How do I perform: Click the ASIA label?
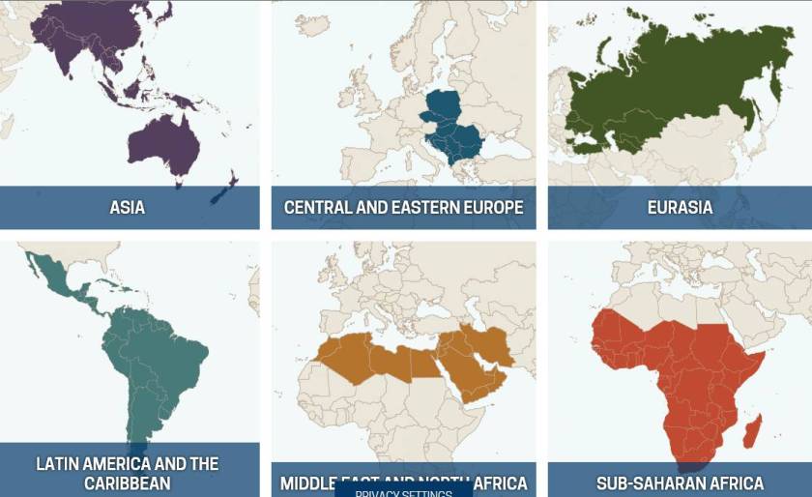coord(127,207)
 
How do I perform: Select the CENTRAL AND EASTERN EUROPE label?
coord(403,207)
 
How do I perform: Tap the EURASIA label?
coord(680,207)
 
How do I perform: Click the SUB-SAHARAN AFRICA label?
coord(680,482)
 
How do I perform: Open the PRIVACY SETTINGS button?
coord(403,492)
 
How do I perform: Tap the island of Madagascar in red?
coord(753,425)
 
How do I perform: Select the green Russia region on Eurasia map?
coord(677,82)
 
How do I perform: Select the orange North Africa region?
coord(377,358)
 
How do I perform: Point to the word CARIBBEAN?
coord(127,482)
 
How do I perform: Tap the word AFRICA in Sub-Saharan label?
coord(732,482)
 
